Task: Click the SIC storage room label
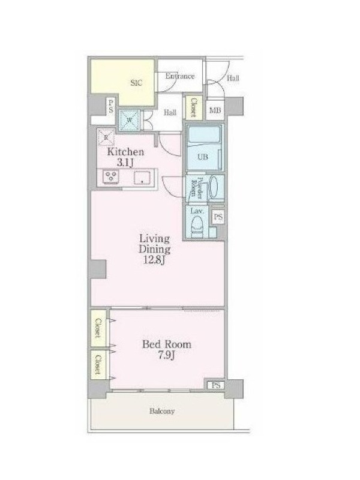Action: [x=136, y=83]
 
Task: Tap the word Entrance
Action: [x=179, y=76]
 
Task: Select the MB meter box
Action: [x=215, y=110]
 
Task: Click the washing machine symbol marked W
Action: [x=129, y=121]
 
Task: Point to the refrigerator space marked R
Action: [x=106, y=137]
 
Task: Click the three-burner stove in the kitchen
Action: [x=111, y=177]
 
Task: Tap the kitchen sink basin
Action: [x=142, y=178]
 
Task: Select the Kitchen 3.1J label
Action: [x=125, y=157]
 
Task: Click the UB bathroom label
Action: [x=203, y=157]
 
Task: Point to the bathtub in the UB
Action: [x=203, y=136]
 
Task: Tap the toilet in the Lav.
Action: [x=197, y=226]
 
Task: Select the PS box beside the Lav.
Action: [x=218, y=217]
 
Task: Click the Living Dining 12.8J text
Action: [x=155, y=249]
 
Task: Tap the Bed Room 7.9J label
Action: [x=167, y=350]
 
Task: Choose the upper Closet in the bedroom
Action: [x=98, y=328]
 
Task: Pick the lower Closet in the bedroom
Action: [x=98, y=364]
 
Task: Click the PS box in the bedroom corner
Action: [x=216, y=385]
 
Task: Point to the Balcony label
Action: [x=162, y=411]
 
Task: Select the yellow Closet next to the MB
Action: [x=194, y=108]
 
